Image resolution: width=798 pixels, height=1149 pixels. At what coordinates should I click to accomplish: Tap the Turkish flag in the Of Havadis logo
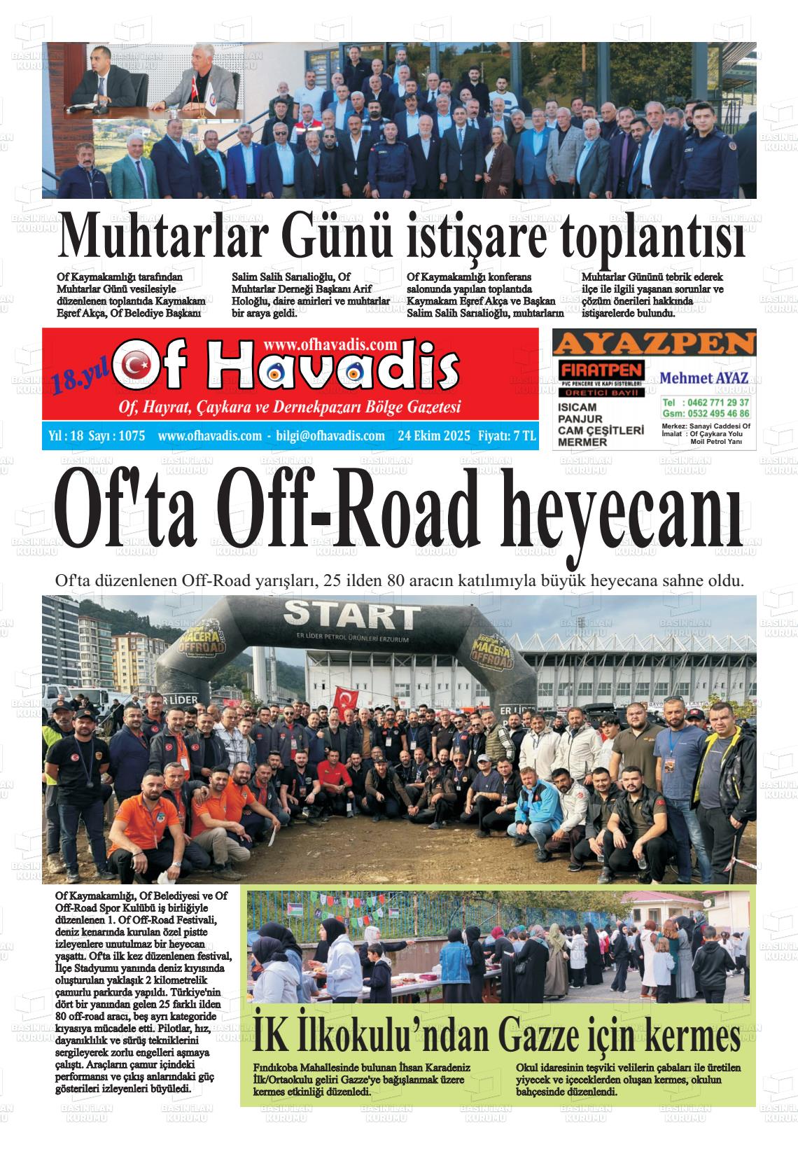(136, 365)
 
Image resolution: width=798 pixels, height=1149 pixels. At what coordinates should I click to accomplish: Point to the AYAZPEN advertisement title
(654, 344)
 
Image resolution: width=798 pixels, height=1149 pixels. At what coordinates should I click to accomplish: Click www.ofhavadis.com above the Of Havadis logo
(331, 344)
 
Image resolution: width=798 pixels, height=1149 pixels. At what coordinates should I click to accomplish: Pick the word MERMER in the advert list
(582, 442)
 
